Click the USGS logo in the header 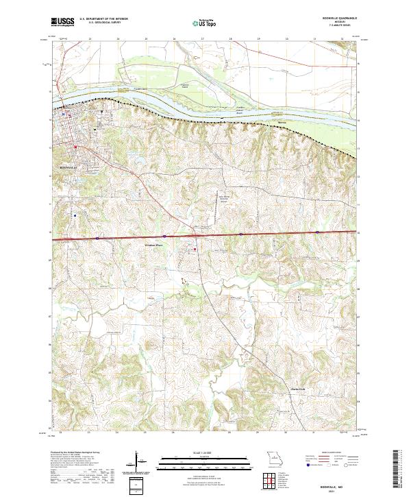coord(62,23)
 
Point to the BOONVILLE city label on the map coord(71,167)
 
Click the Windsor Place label coord(154,245)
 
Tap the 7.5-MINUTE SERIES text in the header coord(334,28)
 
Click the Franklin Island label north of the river coord(184,85)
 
